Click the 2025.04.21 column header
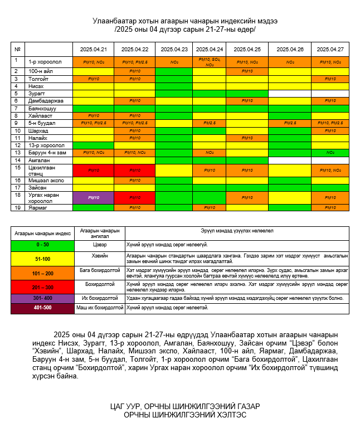93,49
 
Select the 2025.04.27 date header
330,49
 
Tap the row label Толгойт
39,79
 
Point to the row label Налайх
38,138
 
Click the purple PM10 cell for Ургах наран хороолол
93,198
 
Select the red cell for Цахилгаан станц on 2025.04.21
93,170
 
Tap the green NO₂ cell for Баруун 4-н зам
330,152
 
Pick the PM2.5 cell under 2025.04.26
290,123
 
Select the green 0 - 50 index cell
42,245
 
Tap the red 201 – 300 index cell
42,287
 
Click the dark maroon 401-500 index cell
42,308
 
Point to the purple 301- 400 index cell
42,298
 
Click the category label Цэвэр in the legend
99,245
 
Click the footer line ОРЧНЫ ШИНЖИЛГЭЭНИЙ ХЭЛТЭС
184,415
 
